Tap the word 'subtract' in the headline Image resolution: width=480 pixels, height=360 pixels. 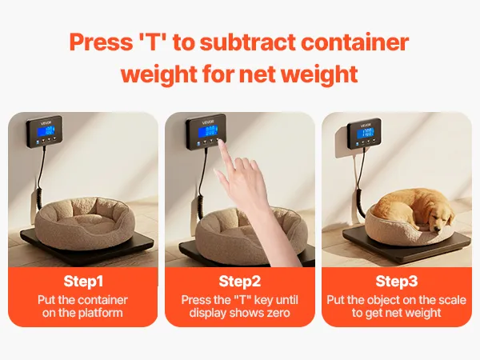click(248, 42)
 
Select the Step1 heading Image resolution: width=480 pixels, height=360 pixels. click(83, 281)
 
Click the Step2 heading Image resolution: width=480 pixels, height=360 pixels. click(240, 281)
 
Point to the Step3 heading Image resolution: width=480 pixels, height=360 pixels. click(397, 281)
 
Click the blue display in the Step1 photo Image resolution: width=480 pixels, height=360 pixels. click(46, 132)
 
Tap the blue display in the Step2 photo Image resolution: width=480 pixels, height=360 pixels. click(207, 132)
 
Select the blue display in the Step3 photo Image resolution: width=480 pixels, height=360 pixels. click(366, 133)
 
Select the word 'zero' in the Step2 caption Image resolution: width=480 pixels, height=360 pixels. click(277, 313)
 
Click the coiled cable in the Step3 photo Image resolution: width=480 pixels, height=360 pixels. click(361, 202)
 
